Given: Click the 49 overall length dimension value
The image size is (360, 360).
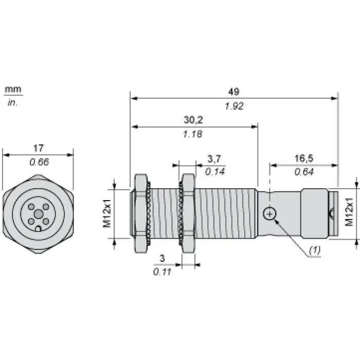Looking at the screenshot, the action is click(233, 92).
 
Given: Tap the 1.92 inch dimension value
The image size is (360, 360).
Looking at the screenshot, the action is click(234, 106).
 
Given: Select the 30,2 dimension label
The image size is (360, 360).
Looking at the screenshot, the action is click(193, 120).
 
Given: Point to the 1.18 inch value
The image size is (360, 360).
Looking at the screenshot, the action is click(193, 134).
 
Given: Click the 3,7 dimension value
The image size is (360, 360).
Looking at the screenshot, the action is click(214, 159).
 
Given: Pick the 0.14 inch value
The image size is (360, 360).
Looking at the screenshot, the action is click(215, 172).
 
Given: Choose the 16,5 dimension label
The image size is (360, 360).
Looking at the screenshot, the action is click(304, 158).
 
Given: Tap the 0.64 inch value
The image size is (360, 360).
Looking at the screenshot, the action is click(304, 172).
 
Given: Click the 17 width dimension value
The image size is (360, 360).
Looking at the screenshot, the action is click(39, 148).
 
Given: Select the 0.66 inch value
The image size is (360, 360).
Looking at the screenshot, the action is click(39, 162).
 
